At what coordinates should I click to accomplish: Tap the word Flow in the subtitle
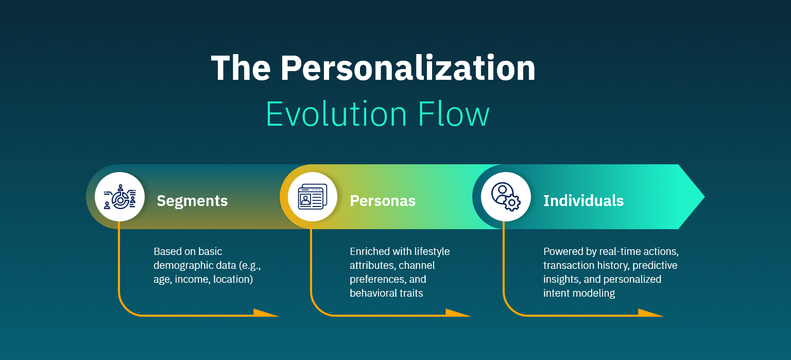click(454, 114)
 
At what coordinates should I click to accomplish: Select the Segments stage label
click(192, 201)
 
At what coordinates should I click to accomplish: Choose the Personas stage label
click(383, 201)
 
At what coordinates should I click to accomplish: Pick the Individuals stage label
click(583, 201)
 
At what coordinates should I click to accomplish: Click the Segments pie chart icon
click(119, 197)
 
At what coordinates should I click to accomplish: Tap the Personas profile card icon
click(313, 197)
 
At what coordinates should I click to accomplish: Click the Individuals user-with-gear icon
click(506, 197)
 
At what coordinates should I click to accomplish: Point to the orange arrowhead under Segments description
click(265, 313)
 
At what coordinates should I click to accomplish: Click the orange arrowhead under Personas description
click(457, 313)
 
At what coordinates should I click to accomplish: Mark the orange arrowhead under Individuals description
click(650, 313)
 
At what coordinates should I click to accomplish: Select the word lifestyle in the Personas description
click(432, 251)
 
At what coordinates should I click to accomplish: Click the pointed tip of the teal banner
click(704, 197)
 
